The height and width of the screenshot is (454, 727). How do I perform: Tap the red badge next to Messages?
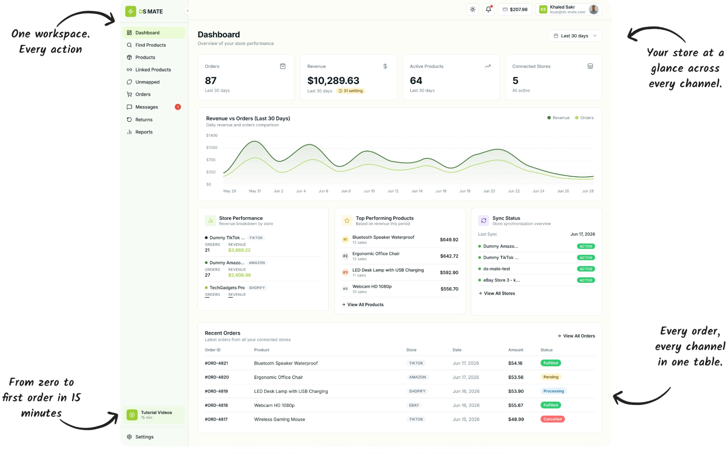(x=178, y=107)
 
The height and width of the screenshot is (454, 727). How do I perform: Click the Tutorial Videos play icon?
(x=132, y=415)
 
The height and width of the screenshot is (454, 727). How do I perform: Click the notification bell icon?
(x=488, y=9)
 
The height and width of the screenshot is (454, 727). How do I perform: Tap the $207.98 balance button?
(x=515, y=9)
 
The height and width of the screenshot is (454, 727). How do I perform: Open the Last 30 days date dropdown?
(x=575, y=36)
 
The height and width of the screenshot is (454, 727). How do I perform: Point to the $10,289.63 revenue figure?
(x=333, y=80)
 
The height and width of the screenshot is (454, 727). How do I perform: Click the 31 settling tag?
(x=350, y=91)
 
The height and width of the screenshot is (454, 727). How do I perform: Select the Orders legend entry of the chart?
(x=584, y=118)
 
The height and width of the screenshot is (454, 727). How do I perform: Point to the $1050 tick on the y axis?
(x=212, y=147)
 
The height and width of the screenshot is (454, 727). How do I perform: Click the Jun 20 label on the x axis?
(x=489, y=191)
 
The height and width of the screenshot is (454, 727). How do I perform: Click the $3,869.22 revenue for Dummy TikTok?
(x=239, y=250)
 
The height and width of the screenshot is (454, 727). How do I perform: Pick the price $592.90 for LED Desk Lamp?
(x=449, y=272)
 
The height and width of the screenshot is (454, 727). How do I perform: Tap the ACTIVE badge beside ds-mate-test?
(x=586, y=269)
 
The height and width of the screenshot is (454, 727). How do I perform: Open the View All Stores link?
(x=497, y=293)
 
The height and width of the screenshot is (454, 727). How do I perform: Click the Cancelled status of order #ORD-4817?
(x=552, y=419)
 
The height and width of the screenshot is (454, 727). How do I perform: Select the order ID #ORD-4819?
(x=216, y=391)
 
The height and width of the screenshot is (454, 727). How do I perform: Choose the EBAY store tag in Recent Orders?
(x=414, y=405)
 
